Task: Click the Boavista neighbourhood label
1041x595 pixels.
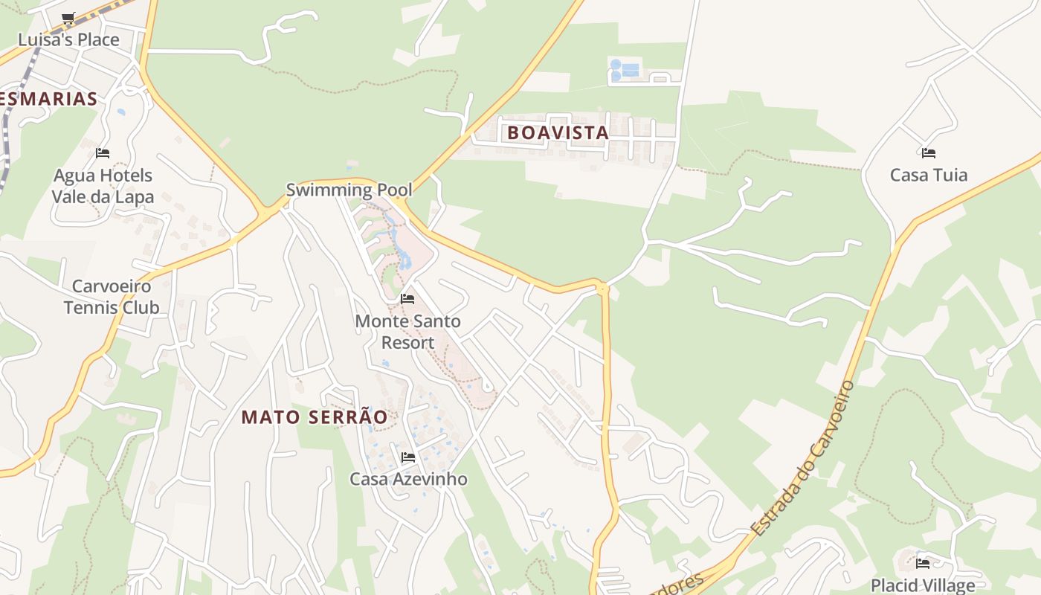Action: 558,133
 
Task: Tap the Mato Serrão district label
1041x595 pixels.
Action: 315,417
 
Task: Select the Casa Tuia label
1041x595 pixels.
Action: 929,175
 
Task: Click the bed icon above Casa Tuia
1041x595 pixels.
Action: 928,153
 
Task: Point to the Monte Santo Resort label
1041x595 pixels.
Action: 407,332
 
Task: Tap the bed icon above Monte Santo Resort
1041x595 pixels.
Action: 407,299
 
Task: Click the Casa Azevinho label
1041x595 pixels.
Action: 408,479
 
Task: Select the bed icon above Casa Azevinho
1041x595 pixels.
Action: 407,457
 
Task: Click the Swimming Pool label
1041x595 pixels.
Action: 349,190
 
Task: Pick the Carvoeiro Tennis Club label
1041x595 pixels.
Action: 111,297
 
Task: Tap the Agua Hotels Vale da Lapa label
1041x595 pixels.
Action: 103,186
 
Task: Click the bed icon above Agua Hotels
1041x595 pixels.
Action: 103,153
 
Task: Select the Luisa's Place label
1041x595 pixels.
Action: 68,39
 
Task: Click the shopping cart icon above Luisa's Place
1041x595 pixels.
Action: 68,18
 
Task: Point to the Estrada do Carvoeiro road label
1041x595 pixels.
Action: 802,460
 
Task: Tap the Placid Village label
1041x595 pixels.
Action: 923,585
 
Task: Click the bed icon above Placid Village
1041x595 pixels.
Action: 923,563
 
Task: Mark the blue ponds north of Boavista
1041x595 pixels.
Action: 625,70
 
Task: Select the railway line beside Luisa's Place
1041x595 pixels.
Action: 15,104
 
